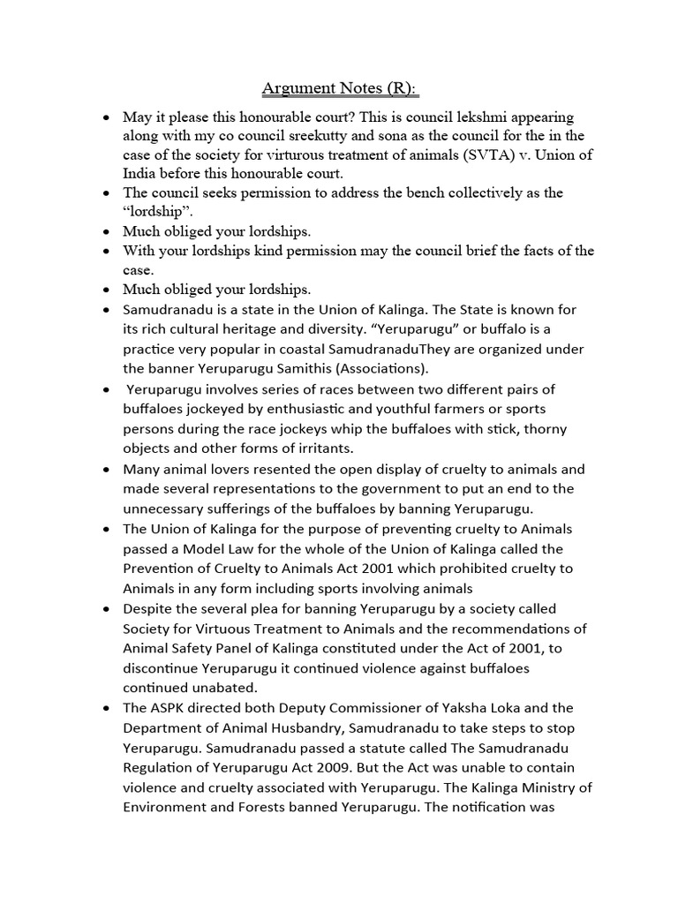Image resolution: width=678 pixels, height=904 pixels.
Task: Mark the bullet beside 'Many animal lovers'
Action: pos(107,470)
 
